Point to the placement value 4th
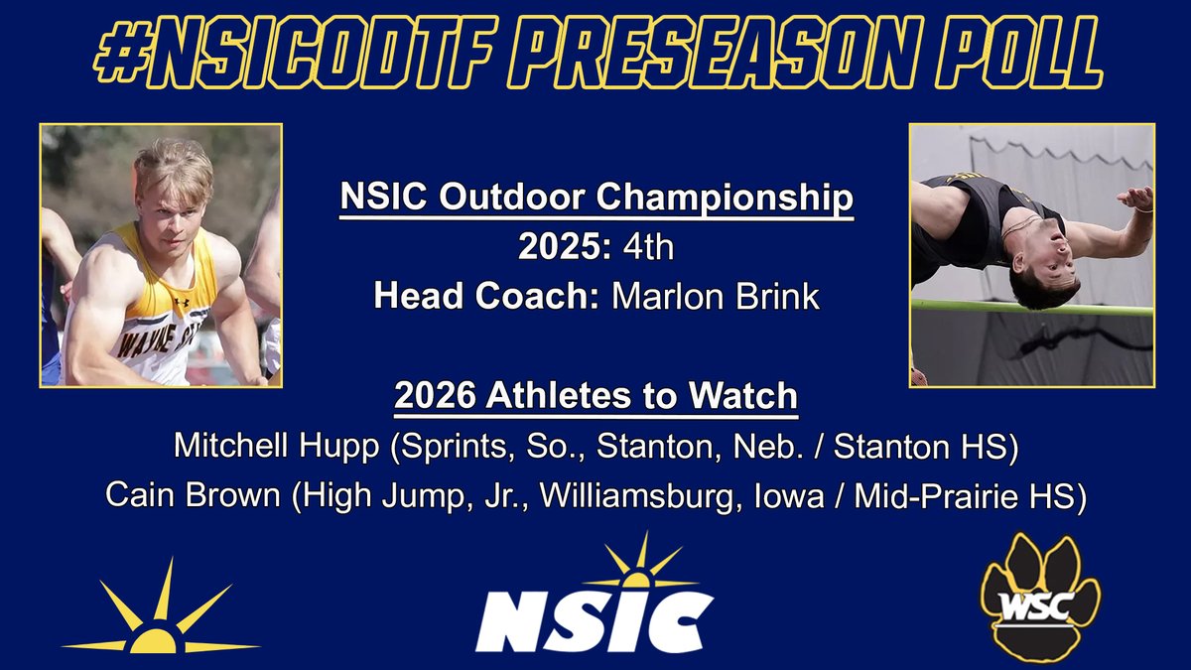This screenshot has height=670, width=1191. click(x=646, y=247)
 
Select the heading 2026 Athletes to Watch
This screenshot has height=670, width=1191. click(x=595, y=396)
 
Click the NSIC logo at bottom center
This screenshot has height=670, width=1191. click(x=595, y=603)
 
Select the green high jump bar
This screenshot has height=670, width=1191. click(x=1032, y=307)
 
